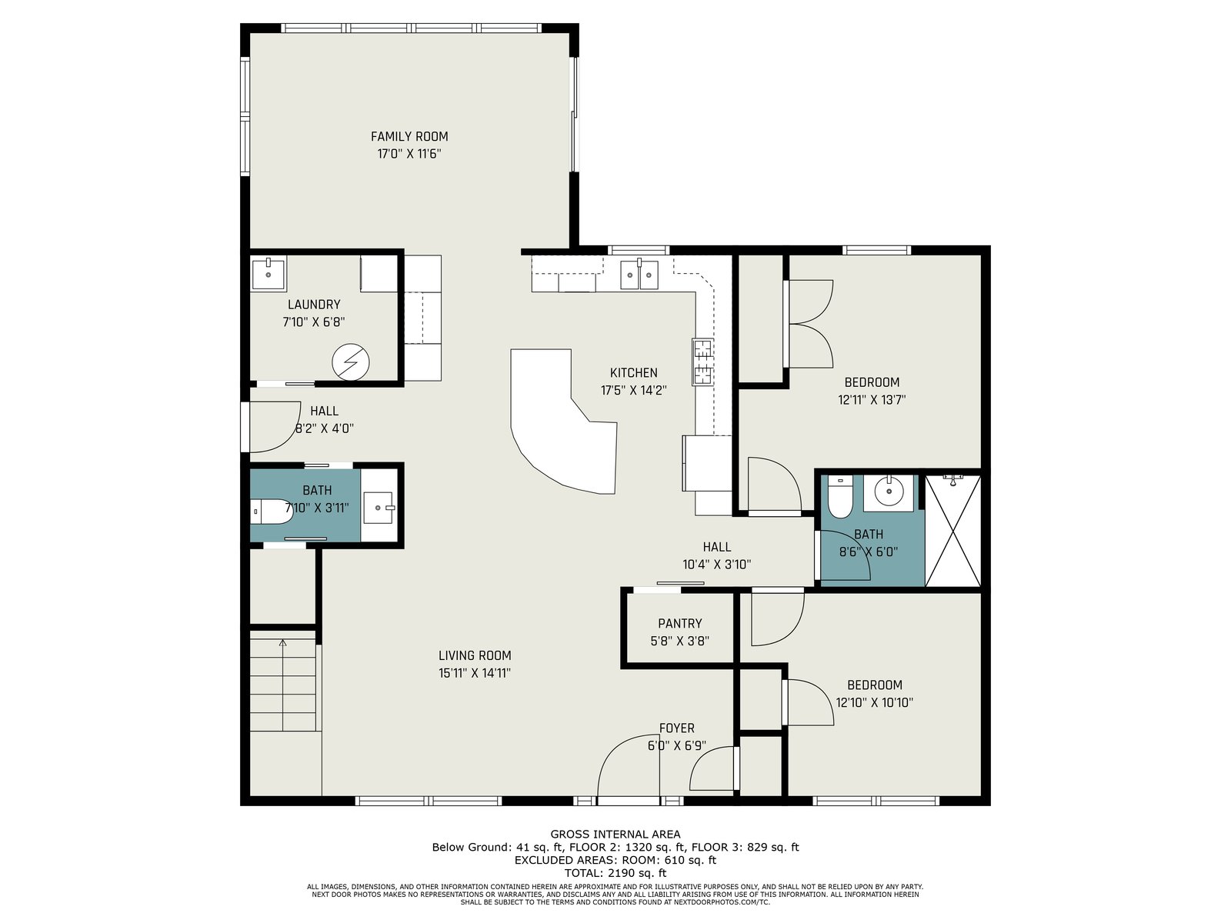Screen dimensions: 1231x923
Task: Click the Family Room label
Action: (x=409, y=136)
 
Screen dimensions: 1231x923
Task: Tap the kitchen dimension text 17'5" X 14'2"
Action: (x=633, y=390)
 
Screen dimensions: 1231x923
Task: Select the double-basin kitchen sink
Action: (x=639, y=275)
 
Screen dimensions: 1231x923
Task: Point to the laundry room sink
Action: (x=269, y=273)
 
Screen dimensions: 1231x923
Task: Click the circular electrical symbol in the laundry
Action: (x=351, y=362)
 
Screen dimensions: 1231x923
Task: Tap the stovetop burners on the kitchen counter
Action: (x=702, y=362)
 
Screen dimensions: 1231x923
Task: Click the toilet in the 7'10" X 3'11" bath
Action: (x=272, y=511)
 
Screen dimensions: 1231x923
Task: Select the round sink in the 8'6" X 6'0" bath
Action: (x=889, y=492)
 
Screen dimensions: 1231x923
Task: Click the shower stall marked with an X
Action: (x=952, y=531)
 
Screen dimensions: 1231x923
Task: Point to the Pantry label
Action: (x=679, y=623)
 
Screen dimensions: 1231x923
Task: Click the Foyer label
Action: (x=676, y=728)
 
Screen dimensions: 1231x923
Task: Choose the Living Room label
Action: (x=475, y=655)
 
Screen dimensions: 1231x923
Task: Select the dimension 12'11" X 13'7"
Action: (x=872, y=399)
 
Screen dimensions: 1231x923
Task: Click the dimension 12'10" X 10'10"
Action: (x=874, y=702)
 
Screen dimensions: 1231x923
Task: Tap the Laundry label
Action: (x=313, y=305)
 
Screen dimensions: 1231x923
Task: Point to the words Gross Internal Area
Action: (x=615, y=834)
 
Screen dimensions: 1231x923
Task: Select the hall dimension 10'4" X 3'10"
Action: (x=717, y=565)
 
